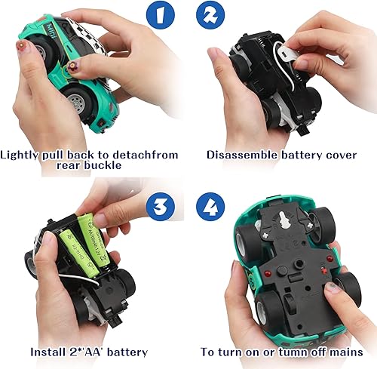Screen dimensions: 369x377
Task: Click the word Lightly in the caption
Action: tap(21, 155)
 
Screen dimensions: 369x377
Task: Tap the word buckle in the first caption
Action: tap(113, 168)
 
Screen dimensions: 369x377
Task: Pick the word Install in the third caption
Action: tap(50, 352)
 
